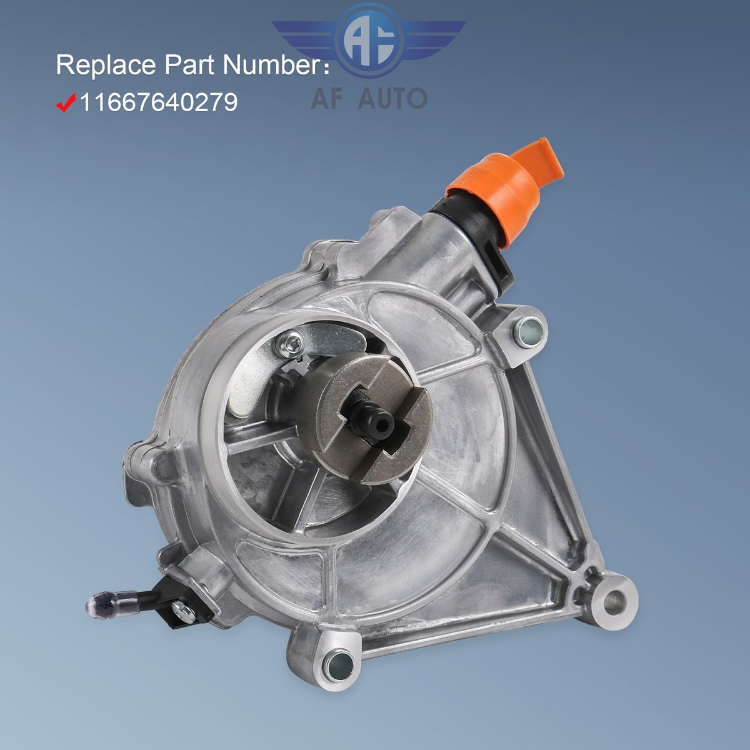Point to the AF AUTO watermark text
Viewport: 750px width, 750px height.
(x=369, y=98)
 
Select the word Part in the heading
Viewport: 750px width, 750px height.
(x=191, y=66)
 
